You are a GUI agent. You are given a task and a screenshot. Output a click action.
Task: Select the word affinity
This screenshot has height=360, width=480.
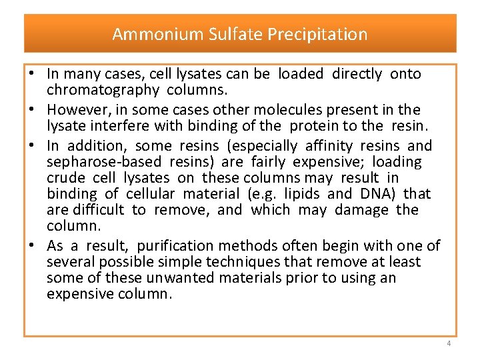[x=329, y=145]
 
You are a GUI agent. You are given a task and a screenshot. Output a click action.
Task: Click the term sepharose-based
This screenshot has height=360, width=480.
[x=105, y=161]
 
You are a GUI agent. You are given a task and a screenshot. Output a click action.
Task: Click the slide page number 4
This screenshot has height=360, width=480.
[x=449, y=343]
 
